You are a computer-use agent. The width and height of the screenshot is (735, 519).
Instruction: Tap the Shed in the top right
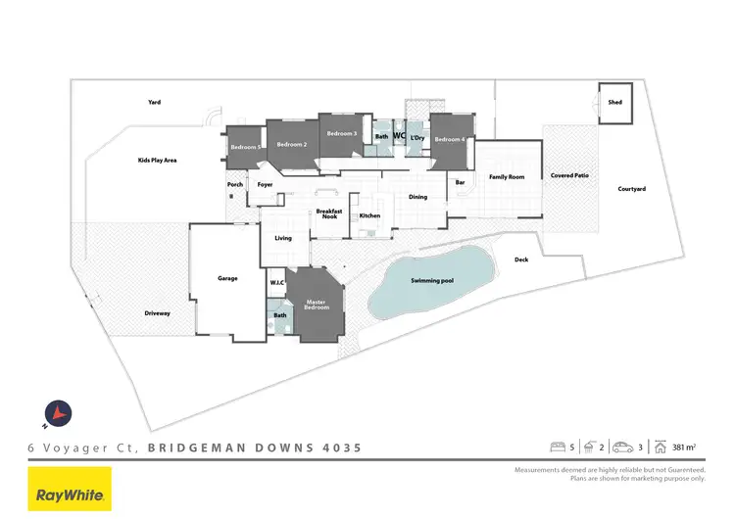[x=614, y=103]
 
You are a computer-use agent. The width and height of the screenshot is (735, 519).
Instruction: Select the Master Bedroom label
[x=316, y=305]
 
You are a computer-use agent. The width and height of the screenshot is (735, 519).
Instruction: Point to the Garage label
[x=227, y=279]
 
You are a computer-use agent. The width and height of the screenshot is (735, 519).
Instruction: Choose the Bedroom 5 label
[x=244, y=147]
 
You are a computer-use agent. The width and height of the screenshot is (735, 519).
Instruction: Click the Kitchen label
[x=369, y=215]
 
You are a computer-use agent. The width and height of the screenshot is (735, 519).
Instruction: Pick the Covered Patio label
[x=568, y=175]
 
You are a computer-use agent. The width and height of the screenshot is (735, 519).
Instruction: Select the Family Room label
[x=507, y=177]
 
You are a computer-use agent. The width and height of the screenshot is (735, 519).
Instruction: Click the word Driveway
[x=158, y=313]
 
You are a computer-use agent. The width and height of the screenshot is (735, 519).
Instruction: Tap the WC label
[x=399, y=136]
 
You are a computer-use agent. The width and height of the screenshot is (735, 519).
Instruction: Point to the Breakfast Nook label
[x=327, y=213]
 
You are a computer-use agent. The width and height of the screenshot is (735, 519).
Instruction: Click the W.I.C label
[x=276, y=283]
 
